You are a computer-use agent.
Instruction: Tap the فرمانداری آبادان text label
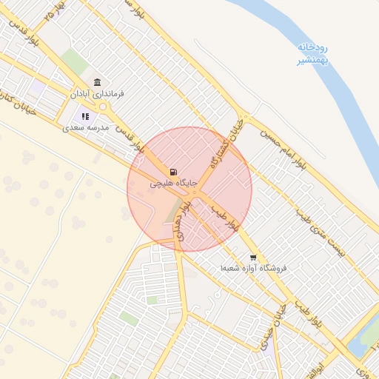(97, 94)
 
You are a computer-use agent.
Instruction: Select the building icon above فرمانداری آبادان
(97, 81)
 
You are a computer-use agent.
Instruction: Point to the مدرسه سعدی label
(86, 127)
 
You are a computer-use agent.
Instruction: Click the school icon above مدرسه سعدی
(85, 115)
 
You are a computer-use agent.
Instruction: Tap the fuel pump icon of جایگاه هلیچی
(173, 171)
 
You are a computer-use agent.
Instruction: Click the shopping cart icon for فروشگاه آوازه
(253, 258)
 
